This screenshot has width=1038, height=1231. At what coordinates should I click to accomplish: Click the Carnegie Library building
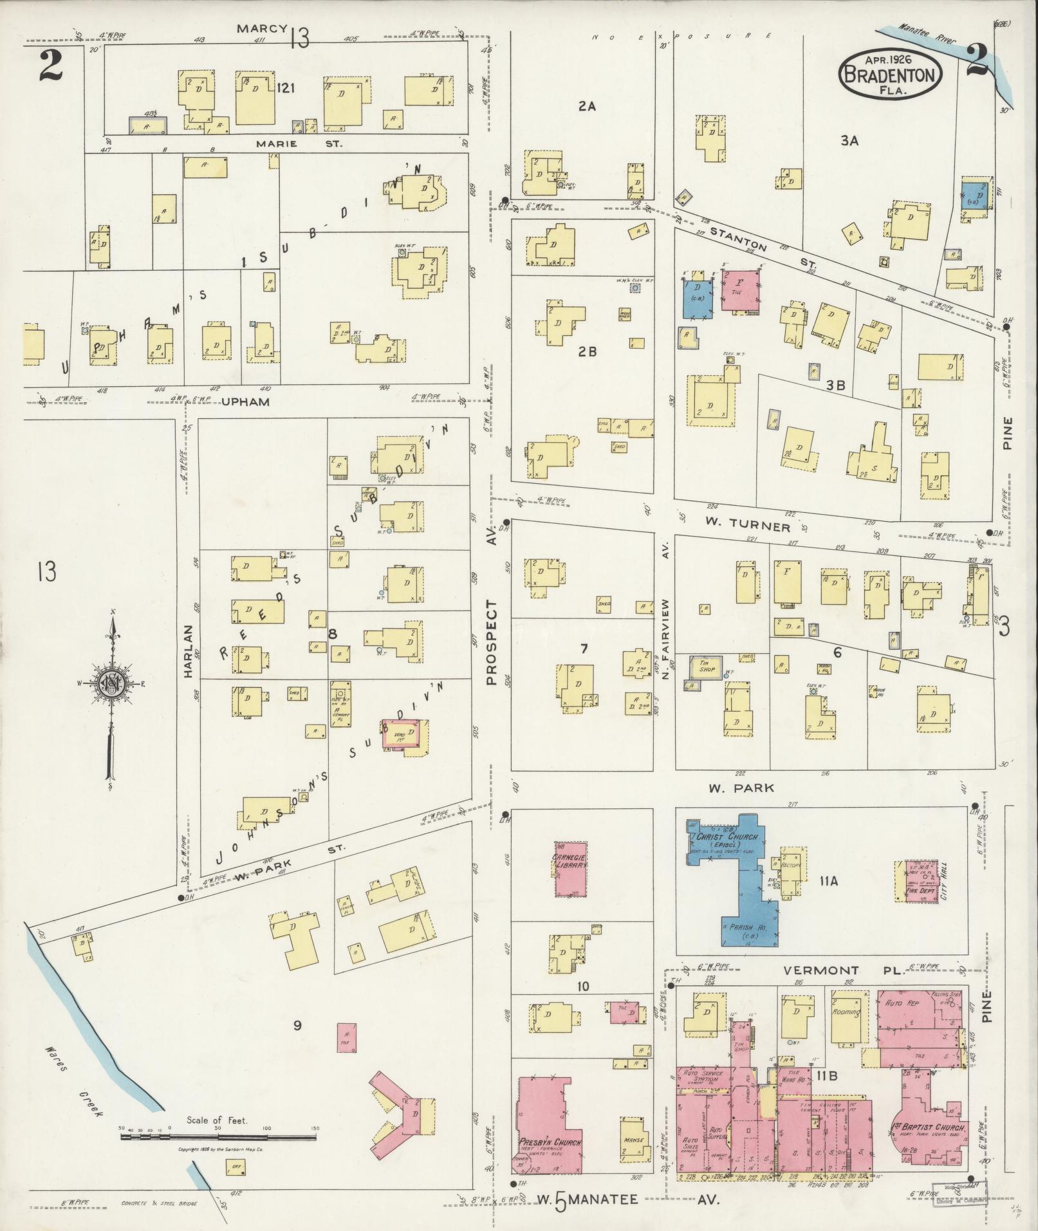571,868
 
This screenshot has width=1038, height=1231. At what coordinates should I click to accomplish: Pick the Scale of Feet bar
219,1138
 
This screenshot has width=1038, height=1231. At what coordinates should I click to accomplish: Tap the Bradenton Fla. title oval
890,75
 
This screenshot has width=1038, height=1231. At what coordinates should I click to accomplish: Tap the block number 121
285,88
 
